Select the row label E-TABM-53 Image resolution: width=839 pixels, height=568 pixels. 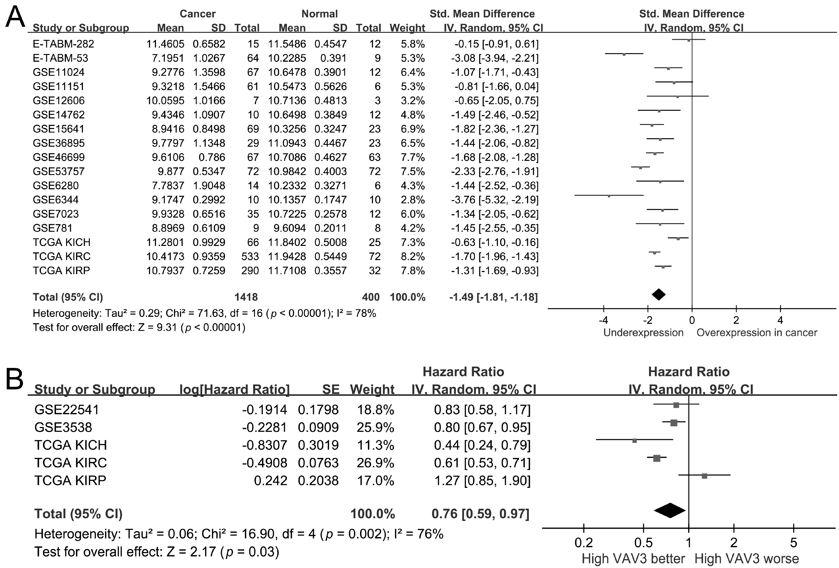[x=60, y=58]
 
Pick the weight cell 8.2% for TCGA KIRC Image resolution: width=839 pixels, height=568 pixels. [x=413, y=256]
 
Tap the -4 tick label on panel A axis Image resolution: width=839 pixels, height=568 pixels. [x=603, y=320]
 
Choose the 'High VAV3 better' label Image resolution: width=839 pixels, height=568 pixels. [x=633, y=559]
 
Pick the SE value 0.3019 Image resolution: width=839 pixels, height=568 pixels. [x=318, y=445]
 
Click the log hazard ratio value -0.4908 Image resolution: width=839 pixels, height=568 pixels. [x=265, y=463]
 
